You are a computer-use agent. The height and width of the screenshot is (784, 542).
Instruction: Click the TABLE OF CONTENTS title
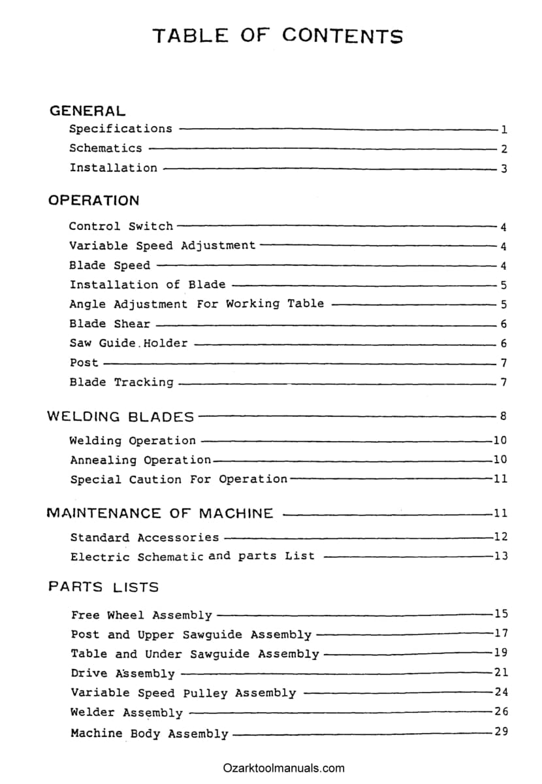(x=278, y=35)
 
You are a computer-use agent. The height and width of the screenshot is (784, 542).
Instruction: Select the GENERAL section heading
(x=88, y=111)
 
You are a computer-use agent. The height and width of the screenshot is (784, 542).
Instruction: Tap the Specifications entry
(x=121, y=129)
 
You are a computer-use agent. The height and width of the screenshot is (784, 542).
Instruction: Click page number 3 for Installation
(x=503, y=169)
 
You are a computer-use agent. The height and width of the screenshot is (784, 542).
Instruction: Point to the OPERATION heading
(x=93, y=201)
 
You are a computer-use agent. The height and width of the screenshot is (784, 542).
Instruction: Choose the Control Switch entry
(x=121, y=227)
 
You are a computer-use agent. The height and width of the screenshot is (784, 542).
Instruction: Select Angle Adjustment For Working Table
(x=197, y=304)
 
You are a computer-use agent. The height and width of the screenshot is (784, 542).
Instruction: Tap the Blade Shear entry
(x=110, y=323)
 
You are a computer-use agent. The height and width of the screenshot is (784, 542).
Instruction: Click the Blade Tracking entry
(x=121, y=382)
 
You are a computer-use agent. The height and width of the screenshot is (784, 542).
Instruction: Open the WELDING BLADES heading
(x=121, y=416)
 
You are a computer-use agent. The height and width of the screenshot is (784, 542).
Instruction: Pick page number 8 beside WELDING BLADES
(x=503, y=416)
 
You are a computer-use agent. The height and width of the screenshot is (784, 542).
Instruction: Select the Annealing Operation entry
(x=140, y=460)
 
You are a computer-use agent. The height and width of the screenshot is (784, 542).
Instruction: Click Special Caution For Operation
(x=178, y=480)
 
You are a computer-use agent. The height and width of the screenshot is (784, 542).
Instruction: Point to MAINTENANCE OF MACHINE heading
(x=160, y=514)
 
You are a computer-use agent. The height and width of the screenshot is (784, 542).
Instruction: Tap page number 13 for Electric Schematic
(x=500, y=556)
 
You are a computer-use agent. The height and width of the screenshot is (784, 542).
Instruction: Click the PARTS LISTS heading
(x=103, y=587)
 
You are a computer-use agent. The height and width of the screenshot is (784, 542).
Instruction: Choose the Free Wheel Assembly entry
(x=142, y=615)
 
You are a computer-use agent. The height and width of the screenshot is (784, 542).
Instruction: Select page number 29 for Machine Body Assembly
(x=500, y=732)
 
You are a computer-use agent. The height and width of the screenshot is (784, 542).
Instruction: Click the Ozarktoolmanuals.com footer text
(x=283, y=768)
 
